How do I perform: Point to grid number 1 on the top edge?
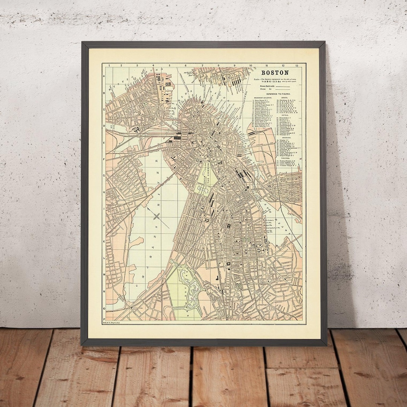pos(109,66)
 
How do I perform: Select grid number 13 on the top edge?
pos(297,66)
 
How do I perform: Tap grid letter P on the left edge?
pos(104,308)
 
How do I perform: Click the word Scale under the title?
pos(257,79)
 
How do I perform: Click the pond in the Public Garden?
pos(203,190)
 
